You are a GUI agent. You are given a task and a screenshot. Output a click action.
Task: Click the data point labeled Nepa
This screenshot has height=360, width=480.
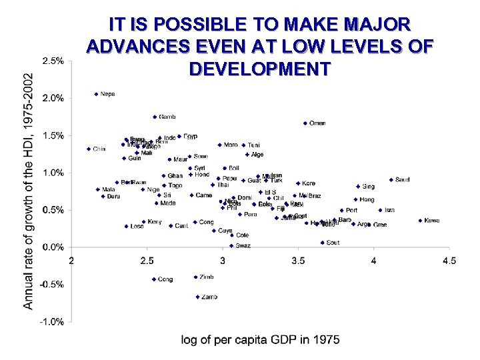click(x=96, y=94)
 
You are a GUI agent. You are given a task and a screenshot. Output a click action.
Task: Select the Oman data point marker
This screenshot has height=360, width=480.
click(x=305, y=123)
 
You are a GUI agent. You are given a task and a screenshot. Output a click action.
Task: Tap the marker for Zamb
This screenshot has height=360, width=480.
click(x=197, y=297)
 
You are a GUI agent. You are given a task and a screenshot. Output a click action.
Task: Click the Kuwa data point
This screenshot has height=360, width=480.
click(x=420, y=221)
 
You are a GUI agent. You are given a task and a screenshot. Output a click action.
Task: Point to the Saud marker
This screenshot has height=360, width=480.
click(x=391, y=179)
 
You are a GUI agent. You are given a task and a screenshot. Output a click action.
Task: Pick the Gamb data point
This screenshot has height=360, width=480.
click(x=155, y=117)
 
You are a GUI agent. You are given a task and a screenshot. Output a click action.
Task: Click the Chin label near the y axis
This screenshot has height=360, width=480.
click(x=99, y=149)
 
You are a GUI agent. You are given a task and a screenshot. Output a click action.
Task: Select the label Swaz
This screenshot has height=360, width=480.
click(x=243, y=246)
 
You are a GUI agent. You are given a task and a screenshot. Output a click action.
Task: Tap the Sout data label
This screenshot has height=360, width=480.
click(x=333, y=243)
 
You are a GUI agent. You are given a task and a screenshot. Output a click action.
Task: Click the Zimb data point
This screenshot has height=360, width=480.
click(x=195, y=277)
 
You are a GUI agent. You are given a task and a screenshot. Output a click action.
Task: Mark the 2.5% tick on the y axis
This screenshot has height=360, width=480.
click(x=53, y=61)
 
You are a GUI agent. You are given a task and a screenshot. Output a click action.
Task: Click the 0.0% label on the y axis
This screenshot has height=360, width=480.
click(x=53, y=247)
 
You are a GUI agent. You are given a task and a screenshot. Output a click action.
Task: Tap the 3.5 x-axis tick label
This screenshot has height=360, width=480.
click(x=298, y=261)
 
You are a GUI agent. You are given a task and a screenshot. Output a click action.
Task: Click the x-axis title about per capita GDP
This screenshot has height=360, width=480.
click(x=260, y=340)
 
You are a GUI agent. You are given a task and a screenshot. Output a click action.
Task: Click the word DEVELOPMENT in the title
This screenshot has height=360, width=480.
click(x=259, y=69)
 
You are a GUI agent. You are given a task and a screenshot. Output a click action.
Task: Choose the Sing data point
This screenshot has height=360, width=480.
click(x=358, y=187)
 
